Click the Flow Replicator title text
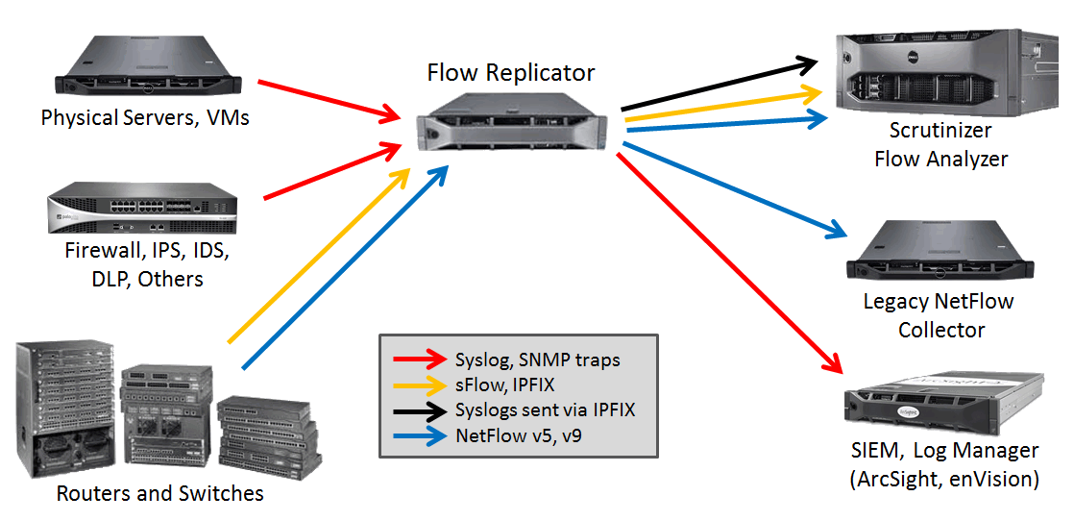coord(510,73)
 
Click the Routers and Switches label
coord(159,494)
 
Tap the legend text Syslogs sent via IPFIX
coord(545,410)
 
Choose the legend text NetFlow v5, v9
coord(520,435)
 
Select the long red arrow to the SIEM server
coord(730,260)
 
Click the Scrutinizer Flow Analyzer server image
coord(940,74)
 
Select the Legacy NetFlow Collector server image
coord(940,252)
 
